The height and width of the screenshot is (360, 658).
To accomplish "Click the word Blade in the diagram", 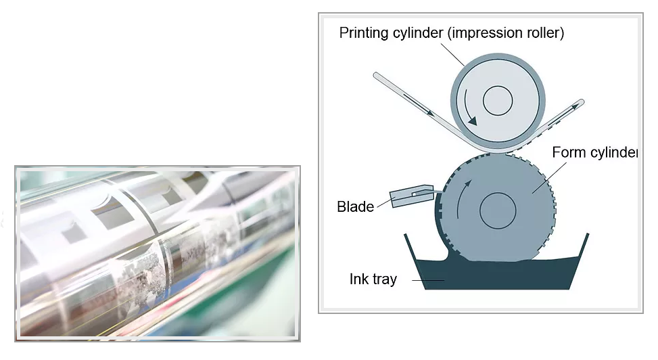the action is (355, 206).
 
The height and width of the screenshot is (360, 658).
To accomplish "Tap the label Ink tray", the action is (373, 279).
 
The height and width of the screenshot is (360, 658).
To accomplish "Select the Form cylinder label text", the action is (594, 152).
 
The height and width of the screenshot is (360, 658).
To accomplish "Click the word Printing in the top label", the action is (364, 33).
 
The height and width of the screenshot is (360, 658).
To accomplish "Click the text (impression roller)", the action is (506, 32).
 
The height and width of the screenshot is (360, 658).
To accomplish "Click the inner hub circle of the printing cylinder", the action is (498, 101).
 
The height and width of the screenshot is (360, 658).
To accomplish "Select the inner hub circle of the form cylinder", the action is (498, 211).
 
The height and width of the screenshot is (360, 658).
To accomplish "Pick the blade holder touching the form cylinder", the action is (413, 196).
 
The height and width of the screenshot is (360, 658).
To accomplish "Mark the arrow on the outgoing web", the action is (562, 114).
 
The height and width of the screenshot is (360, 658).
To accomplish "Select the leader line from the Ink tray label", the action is (427, 280).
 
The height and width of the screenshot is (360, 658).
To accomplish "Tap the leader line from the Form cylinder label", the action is (549, 178).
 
